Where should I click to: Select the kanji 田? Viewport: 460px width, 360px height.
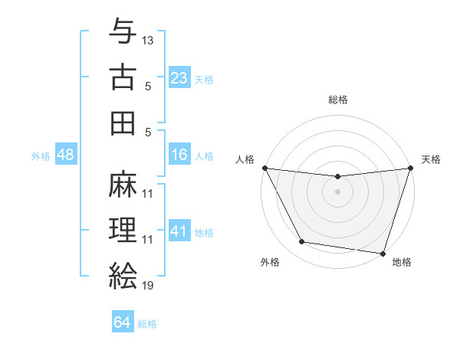pyautogui.click(x=123, y=123)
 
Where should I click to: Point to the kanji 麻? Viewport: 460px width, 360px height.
pyautogui.click(x=123, y=184)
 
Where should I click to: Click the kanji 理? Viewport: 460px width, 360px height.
pyautogui.click(x=123, y=230)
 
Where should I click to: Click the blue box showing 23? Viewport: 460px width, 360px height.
pyautogui.click(x=179, y=77)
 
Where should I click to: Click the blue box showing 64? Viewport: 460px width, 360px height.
pyautogui.click(x=123, y=322)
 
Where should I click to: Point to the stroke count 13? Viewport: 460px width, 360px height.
pyautogui.click(x=148, y=39)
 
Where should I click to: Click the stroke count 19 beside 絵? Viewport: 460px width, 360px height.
pyautogui.click(x=148, y=286)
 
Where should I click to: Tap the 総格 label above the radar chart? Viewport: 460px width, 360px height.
pyautogui.click(x=337, y=100)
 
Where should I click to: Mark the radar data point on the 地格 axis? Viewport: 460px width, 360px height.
pyautogui.click(x=383, y=253)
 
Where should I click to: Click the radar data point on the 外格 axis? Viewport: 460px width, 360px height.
pyautogui.click(x=302, y=242)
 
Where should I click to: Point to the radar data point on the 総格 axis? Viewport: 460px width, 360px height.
pyautogui.click(x=337, y=176)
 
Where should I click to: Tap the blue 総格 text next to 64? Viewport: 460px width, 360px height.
pyautogui.click(x=147, y=324)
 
